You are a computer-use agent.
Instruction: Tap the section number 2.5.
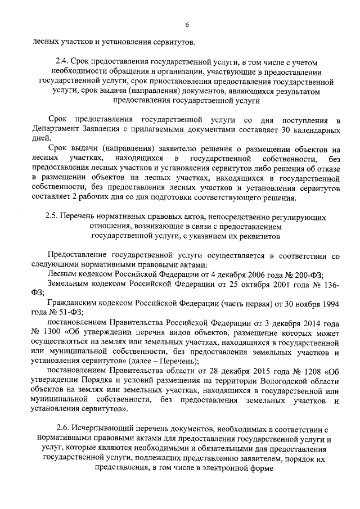[52, 217]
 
